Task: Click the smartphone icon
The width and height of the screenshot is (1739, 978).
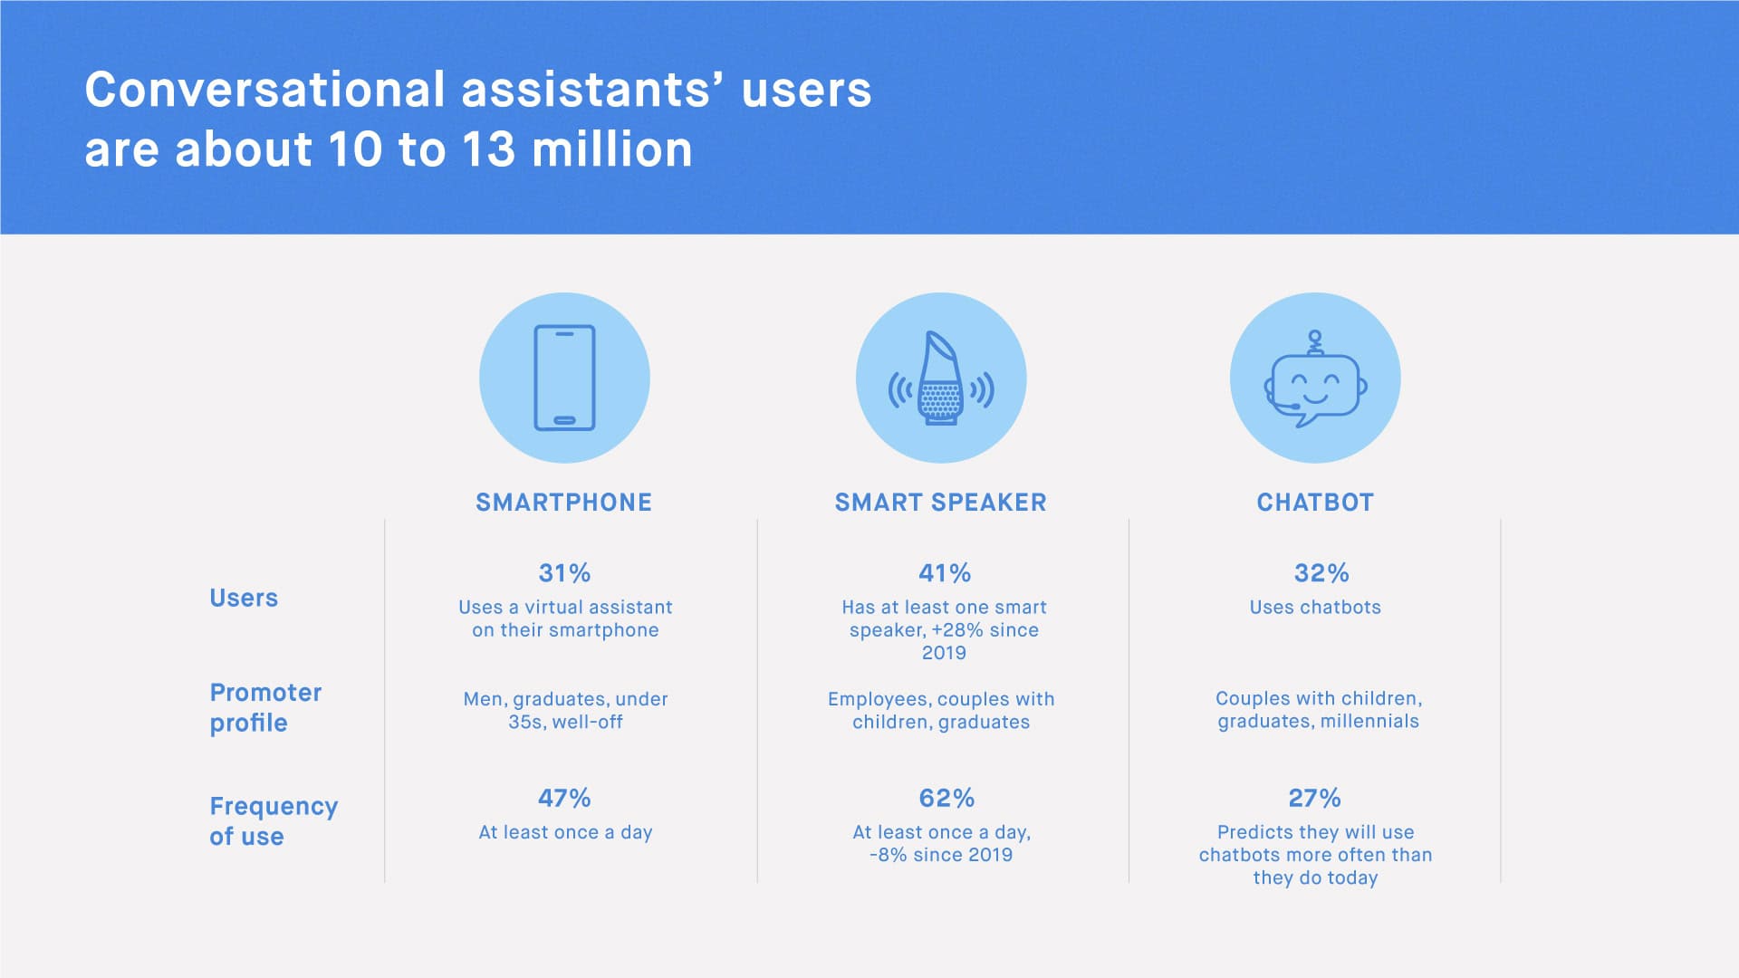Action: [x=564, y=378]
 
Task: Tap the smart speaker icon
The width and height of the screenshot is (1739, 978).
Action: [x=941, y=379]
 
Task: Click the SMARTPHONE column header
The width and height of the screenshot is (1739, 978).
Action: [x=563, y=503]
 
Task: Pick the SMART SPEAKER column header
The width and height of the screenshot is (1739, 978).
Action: [x=940, y=503]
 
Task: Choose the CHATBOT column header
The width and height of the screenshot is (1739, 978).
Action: [x=1315, y=503]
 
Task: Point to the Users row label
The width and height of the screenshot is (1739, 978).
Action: [x=244, y=598]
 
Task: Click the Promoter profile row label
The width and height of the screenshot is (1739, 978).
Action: [x=265, y=707]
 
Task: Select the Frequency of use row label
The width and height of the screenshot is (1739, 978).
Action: [x=274, y=820]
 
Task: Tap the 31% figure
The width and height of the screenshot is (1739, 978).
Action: [x=564, y=572]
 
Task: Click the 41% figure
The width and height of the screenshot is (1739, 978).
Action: [x=945, y=572]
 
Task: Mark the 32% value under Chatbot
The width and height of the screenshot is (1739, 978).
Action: [x=1321, y=572]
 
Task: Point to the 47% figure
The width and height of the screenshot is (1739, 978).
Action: [x=564, y=798]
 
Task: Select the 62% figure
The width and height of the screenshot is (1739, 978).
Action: [x=946, y=798]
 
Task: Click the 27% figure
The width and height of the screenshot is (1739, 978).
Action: [x=1314, y=798]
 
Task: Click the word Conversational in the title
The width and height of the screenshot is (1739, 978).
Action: [x=265, y=90]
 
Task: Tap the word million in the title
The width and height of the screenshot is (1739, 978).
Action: [x=612, y=149]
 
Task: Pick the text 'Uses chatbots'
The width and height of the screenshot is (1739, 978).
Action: [x=1315, y=607]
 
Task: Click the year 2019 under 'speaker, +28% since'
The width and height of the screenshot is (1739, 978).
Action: [x=944, y=652]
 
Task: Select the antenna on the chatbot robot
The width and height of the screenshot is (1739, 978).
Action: [x=1315, y=342]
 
